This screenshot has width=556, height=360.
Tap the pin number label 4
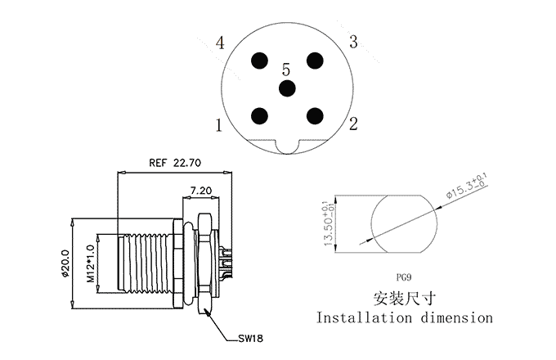(x=220, y=43)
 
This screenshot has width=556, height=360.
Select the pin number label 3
(x=353, y=42)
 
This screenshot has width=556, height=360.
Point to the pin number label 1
(x=219, y=126)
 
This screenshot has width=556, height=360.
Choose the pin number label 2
(x=353, y=124)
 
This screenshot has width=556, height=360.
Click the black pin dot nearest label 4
(x=260, y=61)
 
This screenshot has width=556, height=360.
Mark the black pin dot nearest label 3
(x=314, y=61)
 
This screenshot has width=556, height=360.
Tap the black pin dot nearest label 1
(x=260, y=115)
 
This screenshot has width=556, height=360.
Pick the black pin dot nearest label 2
(x=314, y=115)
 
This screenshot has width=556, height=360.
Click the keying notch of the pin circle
(x=287, y=147)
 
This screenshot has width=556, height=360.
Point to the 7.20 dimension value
(x=202, y=190)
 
